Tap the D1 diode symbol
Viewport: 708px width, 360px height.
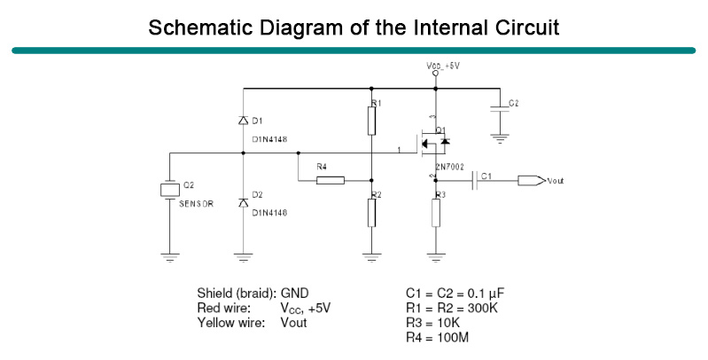point(244,121)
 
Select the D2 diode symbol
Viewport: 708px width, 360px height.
point(244,203)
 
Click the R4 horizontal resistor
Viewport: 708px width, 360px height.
point(331,181)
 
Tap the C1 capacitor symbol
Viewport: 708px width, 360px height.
point(475,181)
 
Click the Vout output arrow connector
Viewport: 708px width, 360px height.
point(531,181)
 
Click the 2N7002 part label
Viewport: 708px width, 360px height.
point(450,166)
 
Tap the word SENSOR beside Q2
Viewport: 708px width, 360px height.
point(196,203)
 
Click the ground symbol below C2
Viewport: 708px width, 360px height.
point(501,138)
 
